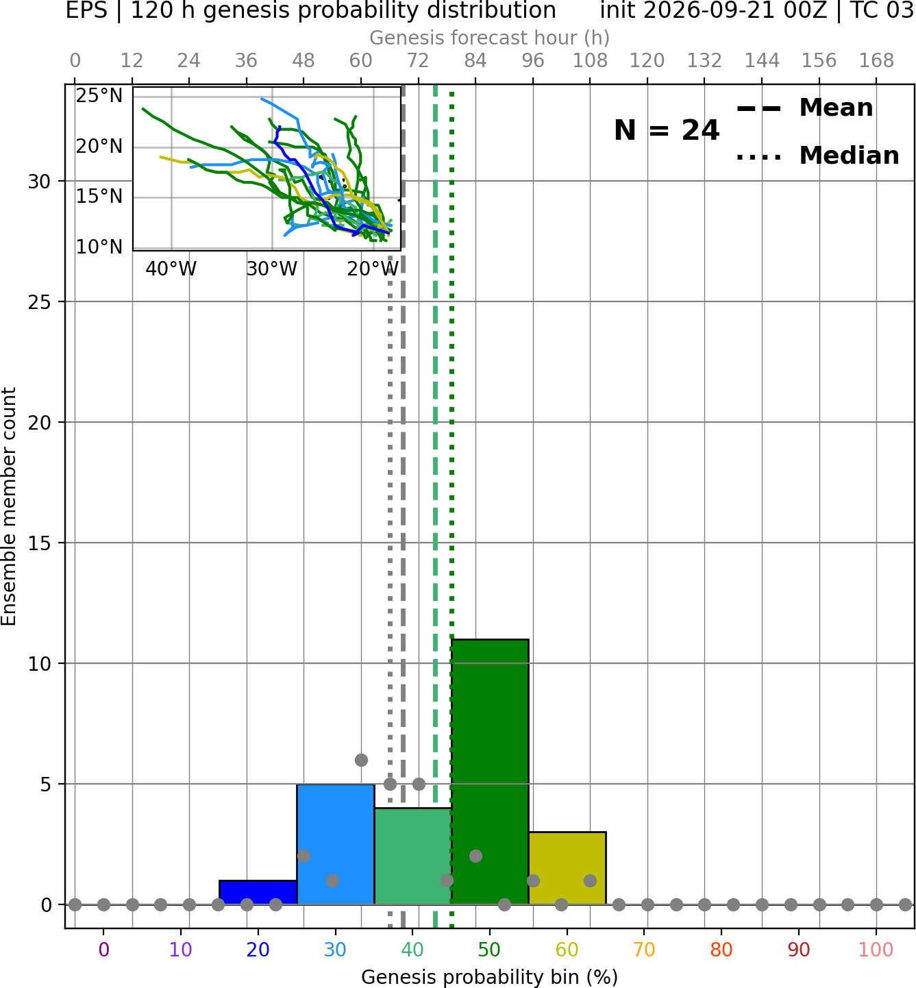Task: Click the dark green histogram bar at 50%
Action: [x=490, y=771]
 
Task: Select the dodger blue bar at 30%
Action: [x=336, y=844]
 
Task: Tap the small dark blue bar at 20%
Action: [x=258, y=893]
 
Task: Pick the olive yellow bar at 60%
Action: [x=568, y=868]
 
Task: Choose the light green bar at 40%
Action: [x=413, y=856]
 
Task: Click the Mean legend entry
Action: [x=804, y=108]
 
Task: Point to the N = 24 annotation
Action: [x=667, y=130]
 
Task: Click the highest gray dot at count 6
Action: [x=361, y=760]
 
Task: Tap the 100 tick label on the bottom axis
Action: [x=876, y=950]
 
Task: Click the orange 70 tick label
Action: [x=644, y=950]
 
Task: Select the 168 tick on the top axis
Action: [x=877, y=61]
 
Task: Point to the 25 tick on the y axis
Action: [x=40, y=302]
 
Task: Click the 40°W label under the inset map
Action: [x=171, y=269]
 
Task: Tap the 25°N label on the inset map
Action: [x=99, y=95]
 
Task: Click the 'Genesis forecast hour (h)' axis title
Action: [x=490, y=38]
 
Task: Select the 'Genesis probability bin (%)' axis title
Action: [x=490, y=977]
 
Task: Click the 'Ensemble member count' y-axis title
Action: [x=9, y=506]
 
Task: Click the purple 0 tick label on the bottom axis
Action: [x=103, y=950]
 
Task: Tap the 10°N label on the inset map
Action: [x=99, y=247]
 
